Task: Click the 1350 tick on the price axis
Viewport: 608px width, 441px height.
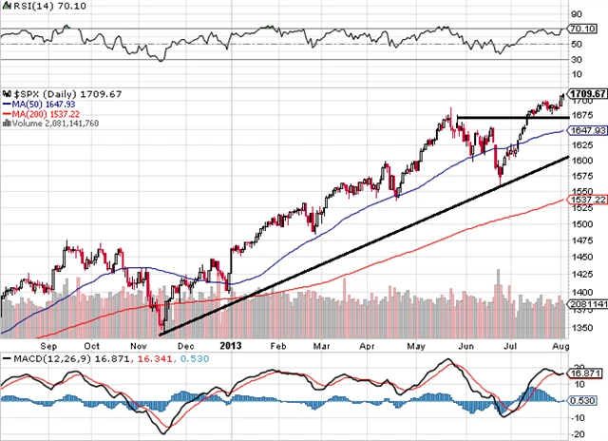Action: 582,328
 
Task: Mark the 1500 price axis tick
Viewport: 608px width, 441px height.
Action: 582,223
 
